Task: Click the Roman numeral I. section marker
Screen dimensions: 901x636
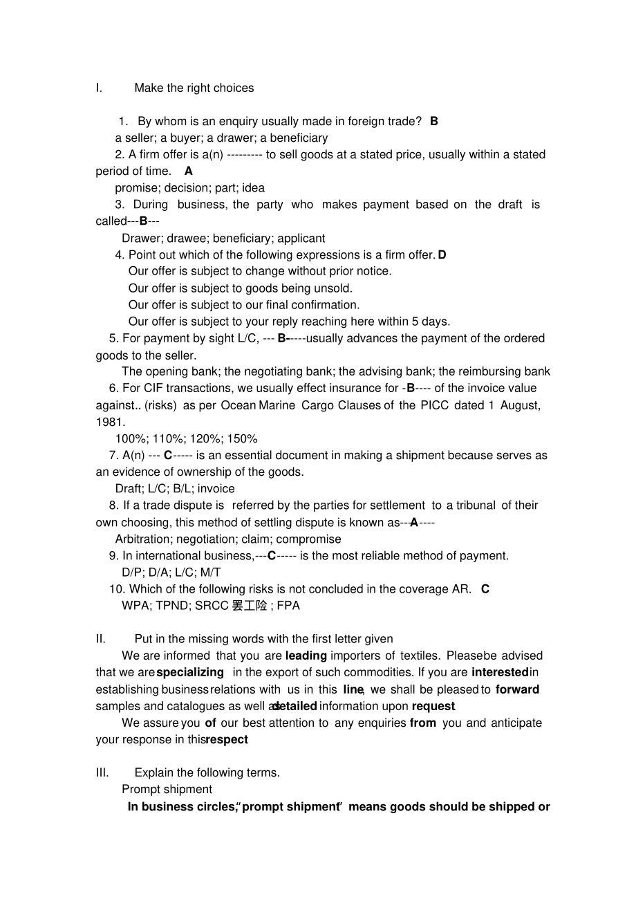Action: click(x=99, y=88)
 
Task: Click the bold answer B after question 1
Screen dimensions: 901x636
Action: click(x=434, y=121)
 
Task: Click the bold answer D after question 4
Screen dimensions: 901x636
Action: click(x=442, y=254)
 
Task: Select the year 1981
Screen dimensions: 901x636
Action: click(x=109, y=422)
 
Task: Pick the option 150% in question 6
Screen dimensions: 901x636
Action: click(x=243, y=438)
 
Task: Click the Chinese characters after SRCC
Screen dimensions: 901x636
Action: click(x=250, y=606)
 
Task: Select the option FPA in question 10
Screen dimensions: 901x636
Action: click(x=288, y=606)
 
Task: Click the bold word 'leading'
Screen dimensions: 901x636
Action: click(x=306, y=656)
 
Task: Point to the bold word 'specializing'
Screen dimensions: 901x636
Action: click(x=190, y=672)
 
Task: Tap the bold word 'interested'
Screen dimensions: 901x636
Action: click(x=500, y=672)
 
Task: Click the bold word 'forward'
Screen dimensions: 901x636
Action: click(x=517, y=689)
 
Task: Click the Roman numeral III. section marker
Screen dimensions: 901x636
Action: click(x=102, y=772)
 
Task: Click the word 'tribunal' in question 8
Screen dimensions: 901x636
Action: click(x=474, y=505)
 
